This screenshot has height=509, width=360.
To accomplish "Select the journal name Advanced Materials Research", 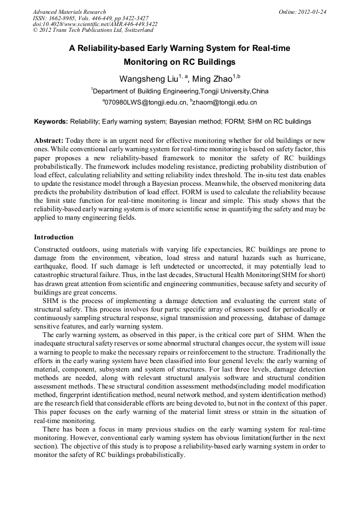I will pyautogui.click(x=69, y=12).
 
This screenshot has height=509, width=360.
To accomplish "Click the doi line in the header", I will pyautogui.click(x=95, y=24).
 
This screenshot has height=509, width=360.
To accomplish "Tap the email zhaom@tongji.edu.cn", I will pyautogui.click(x=225, y=102).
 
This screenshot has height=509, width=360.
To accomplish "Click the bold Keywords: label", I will pyautogui.click(x=51, y=122).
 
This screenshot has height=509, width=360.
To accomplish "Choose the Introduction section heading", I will pyautogui.click(x=54, y=237).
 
